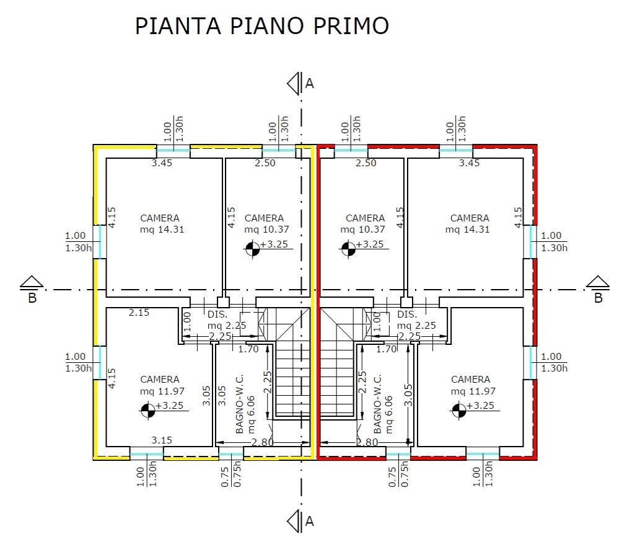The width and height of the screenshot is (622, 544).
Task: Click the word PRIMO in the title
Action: (351, 26)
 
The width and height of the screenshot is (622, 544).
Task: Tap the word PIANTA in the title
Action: (178, 26)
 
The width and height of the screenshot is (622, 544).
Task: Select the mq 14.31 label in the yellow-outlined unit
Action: (162, 230)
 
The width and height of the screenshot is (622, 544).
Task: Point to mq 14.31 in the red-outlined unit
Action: (467, 230)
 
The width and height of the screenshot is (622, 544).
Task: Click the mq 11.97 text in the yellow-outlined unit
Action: (162, 391)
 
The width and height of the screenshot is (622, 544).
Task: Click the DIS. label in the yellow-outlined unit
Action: (217, 314)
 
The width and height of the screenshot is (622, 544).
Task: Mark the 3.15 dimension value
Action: (162, 440)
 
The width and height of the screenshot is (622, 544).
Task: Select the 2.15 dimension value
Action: (139, 313)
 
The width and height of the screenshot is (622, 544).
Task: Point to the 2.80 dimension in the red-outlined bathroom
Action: (367, 442)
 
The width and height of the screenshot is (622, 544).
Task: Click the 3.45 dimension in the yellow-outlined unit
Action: (162, 163)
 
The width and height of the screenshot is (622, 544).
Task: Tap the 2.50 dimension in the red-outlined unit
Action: (366, 163)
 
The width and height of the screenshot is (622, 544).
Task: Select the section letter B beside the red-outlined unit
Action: (598, 298)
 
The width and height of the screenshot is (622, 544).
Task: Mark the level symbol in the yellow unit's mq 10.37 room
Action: (252, 249)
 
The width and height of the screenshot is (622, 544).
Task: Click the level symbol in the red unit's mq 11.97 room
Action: (459, 410)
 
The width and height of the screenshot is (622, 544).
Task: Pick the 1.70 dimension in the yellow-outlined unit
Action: (248, 349)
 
